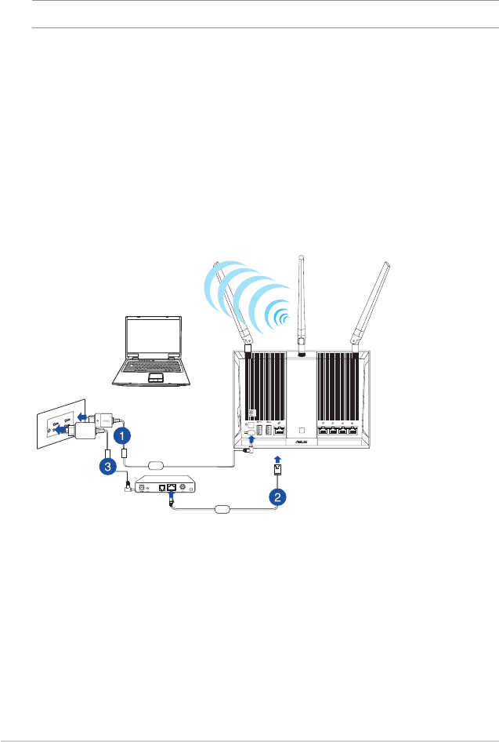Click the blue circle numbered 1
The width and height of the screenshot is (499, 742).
pos(121,434)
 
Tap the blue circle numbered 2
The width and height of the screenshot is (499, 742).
pos(275,496)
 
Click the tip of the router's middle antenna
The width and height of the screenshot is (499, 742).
pos(301,256)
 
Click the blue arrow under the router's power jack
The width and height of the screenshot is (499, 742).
pos(251,442)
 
